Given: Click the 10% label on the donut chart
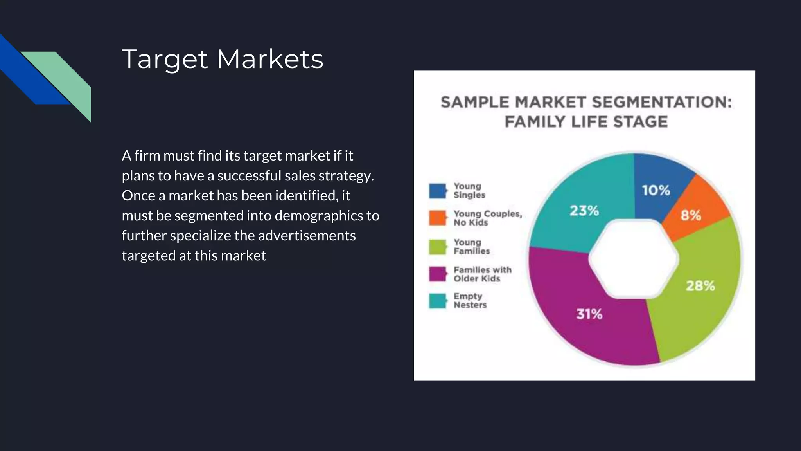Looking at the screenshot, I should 656,191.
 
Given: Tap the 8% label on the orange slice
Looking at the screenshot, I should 691,215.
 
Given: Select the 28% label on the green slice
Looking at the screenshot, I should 700,286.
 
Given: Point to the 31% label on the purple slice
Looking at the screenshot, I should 589,314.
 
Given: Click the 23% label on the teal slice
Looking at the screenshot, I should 584,211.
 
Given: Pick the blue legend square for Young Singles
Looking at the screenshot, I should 437,191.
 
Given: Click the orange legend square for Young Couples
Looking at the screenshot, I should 437,218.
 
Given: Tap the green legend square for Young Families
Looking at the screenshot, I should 437,247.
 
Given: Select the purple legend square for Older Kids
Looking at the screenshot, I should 437,274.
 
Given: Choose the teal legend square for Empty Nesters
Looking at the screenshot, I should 437,301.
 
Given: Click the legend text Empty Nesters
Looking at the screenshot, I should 470,301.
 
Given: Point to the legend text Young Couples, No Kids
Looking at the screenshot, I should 487,218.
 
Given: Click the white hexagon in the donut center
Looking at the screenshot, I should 634,259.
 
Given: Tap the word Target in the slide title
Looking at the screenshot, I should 164,60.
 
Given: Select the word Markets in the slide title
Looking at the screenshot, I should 270,59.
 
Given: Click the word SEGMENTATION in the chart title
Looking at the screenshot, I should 661,103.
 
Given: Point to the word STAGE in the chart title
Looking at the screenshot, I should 640,122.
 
